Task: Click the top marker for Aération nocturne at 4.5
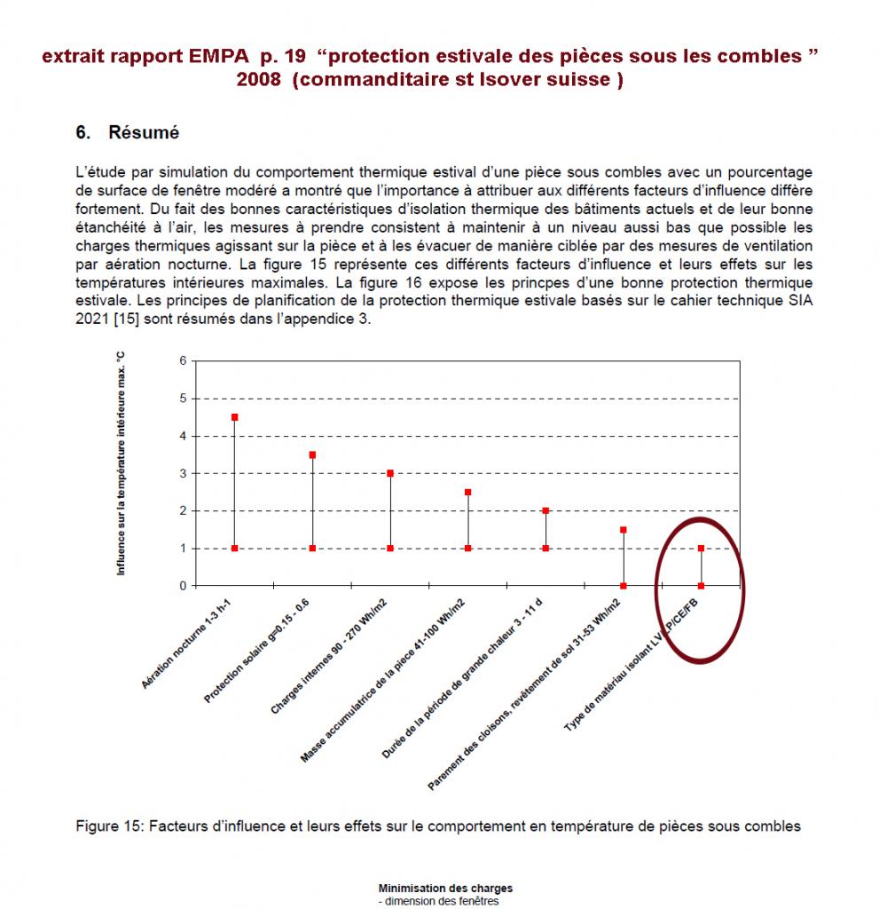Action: (x=234, y=417)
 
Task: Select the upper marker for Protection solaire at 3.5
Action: (x=312, y=454)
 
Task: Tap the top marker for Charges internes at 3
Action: (x=390, y=473)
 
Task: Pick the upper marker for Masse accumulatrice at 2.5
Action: (x=467, y=492)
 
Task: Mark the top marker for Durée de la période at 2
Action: (x=545, y=510)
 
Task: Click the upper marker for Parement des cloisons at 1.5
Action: (x=624, y=530)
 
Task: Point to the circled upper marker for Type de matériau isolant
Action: (x=701, y=548)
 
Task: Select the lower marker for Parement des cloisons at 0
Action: (x=624, y=586)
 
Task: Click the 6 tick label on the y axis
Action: (x=184, y=361)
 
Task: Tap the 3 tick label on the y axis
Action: (x=184, y=473)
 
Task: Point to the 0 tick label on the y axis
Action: (x=184, y=586)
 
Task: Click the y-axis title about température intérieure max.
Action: (x=122, y=462)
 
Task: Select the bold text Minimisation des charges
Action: (x=445, y=888)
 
